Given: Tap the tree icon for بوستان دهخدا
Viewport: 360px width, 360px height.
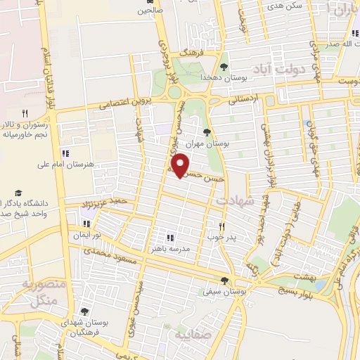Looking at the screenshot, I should [224, 67].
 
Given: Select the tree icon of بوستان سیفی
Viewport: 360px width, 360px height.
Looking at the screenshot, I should [224, 280].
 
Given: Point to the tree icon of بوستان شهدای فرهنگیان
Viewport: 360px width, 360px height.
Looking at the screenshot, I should [84, 311].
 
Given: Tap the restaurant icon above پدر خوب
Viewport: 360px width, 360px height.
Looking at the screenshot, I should [222, 226].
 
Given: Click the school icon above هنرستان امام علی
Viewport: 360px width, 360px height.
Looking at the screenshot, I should [65, 153].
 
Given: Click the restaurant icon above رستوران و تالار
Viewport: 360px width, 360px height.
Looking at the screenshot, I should [25, 112].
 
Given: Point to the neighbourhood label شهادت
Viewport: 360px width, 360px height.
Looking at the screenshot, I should [233, 201].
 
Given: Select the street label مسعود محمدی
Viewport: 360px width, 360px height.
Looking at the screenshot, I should [105, 254].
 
